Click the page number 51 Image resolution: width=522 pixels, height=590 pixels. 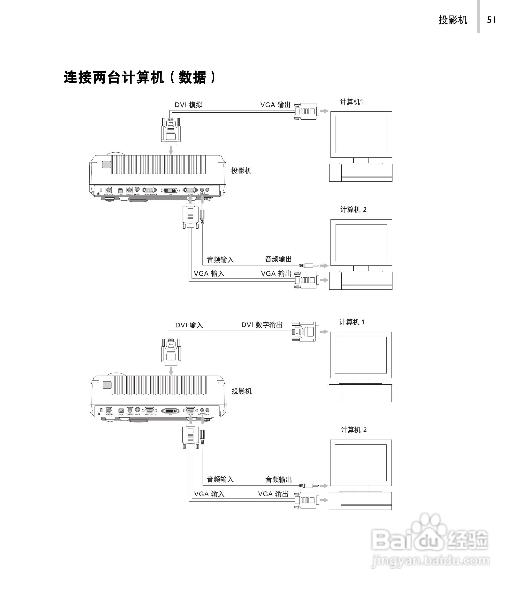click(491, 20)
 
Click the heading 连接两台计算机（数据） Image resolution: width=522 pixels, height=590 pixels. click(140, 77)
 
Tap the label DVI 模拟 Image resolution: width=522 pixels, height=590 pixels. click(188, 105)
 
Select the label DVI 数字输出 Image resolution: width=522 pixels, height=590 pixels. click(262, 325)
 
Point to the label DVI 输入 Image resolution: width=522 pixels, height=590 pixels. click(189, 325)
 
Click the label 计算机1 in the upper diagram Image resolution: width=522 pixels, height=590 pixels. click(351, 102)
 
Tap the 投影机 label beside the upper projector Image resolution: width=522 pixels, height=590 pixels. click(241, 171)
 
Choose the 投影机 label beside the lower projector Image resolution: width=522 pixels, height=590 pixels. click(242, 391)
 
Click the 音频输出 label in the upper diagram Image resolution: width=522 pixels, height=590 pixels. click(278, 259)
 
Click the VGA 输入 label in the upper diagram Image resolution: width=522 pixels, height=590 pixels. click(209, 273)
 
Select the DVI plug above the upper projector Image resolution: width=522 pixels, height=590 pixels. click(171, 131)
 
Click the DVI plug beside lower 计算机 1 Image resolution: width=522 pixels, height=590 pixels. click(306, 332)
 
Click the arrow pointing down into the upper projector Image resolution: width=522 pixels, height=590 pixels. click(171, 150)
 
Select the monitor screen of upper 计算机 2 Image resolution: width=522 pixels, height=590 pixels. click(361, 242)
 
